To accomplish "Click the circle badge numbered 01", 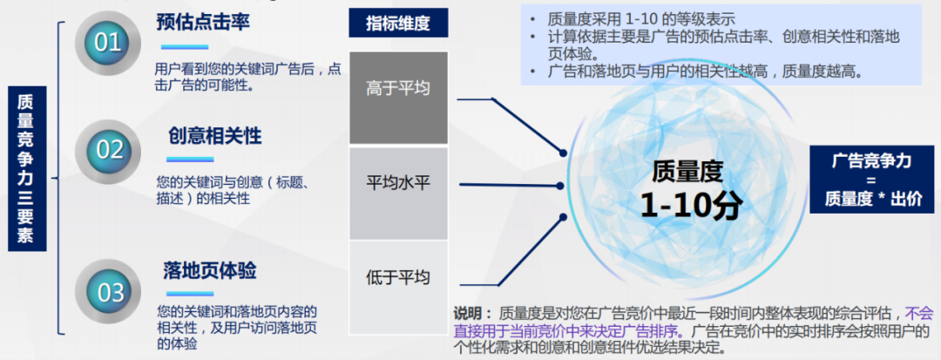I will click(x=107, y=42).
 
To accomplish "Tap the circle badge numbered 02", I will click(x=108, y=150).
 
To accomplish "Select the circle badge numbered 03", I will click(x=109, y=292).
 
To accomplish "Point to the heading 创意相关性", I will click(x=214, y=137).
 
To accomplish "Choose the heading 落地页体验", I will click(x=209, y=270).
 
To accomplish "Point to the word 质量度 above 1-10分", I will click(x=688, y=172).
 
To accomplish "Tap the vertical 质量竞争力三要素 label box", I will click(x=26, y=168).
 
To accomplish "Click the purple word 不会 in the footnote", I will click(x=919, y=313).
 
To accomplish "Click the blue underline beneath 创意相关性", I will click(x=190, y=159).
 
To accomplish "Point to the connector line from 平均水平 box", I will click(x=505, y=185).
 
